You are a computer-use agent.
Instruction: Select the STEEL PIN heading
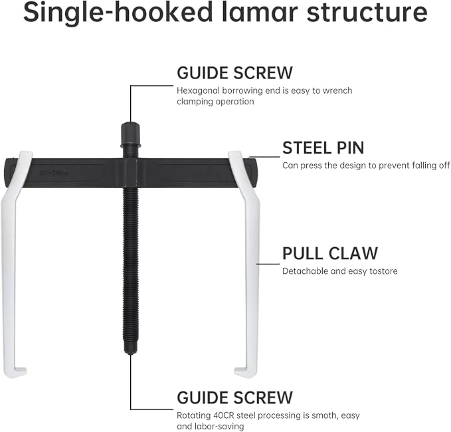(323, 147)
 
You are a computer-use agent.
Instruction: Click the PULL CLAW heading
(329, 253)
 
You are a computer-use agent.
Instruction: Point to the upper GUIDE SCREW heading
(234, 72)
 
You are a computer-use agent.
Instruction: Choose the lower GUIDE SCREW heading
(234, 397)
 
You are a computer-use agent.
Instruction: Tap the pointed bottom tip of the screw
(130, 352)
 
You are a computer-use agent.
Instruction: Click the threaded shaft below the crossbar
(130, 266)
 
